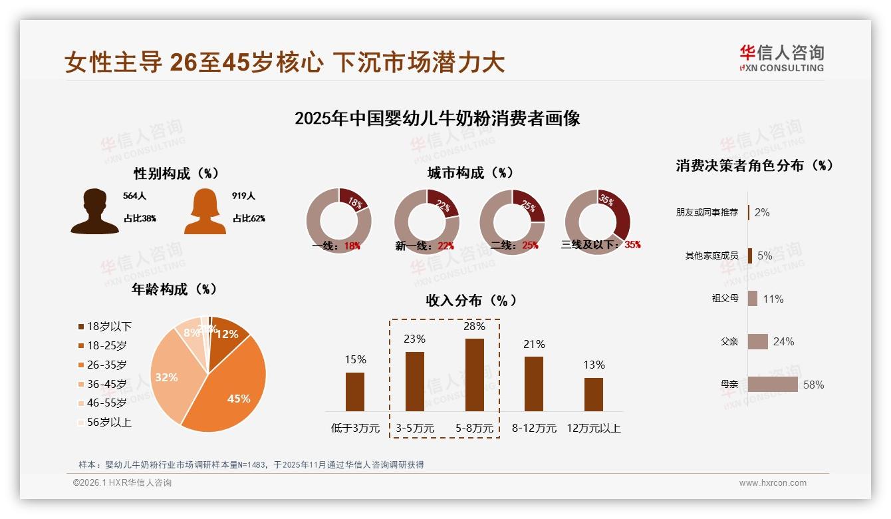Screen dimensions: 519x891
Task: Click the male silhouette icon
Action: tap(94, 212)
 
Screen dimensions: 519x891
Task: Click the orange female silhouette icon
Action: tap(205, 212)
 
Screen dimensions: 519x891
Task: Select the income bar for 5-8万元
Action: tap(475, 375)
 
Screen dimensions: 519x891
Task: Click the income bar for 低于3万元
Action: tap(355, 391)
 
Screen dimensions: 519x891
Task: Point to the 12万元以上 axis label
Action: tap(593, 429)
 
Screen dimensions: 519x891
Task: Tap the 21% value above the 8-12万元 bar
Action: tap(534, 344)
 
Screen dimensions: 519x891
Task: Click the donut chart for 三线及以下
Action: tap(597, 222)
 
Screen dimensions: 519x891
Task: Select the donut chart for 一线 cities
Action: tap(338, 222)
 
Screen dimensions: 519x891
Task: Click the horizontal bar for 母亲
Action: tap(773, 385)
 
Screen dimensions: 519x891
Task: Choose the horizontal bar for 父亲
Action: tap(757, 341)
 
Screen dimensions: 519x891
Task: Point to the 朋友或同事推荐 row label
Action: tap(707, 212)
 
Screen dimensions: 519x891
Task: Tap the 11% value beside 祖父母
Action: tap(773, 299)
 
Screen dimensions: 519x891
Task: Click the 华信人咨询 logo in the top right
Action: tap(781, 58)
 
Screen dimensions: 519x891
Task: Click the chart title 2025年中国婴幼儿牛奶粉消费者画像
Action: tap(437, 118)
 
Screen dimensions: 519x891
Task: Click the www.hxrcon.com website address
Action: tap(773, 483)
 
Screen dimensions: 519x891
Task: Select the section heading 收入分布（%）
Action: tap(471, 300)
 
